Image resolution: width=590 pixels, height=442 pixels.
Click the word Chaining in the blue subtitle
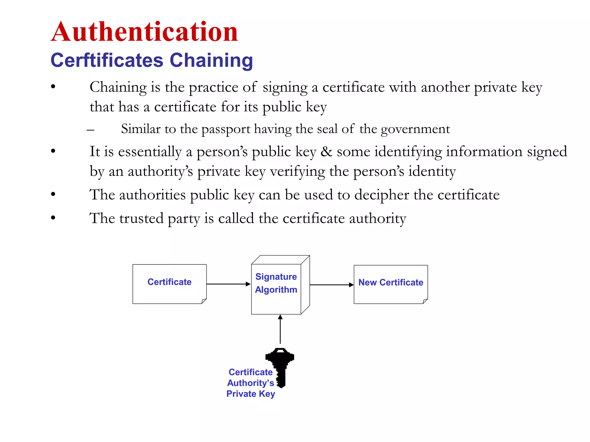point(211,60)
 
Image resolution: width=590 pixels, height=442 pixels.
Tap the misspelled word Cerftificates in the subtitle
point(107,60)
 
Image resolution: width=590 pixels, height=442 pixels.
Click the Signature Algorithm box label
point(276,283)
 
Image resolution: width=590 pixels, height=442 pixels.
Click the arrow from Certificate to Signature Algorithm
point(228,284)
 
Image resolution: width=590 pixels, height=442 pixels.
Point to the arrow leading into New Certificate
point(332,285)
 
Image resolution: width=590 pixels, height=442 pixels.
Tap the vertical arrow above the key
point(280,329)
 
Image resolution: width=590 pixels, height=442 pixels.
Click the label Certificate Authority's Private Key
point(251,383)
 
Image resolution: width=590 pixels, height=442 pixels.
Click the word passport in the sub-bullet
point(226,129)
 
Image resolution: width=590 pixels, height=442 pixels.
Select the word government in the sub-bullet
point(415,129)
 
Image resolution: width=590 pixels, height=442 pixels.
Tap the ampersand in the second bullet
point(326,152)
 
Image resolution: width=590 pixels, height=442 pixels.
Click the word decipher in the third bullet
point(381,195)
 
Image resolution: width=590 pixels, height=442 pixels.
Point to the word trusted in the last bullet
point(141,218)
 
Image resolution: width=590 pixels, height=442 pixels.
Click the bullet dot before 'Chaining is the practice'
point(53,87)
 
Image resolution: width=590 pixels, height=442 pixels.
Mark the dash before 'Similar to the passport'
point(90,130)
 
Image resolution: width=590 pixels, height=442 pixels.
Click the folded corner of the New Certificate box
point(425,301)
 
